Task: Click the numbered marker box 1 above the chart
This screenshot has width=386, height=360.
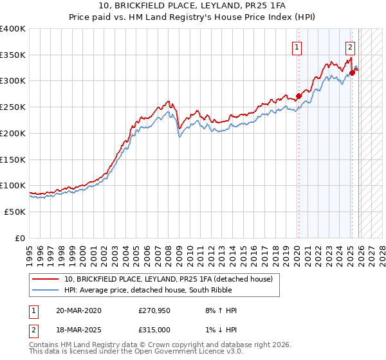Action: tap(297, 46)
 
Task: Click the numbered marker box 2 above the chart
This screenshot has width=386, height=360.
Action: tap(350, 46)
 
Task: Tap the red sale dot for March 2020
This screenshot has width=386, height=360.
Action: tap(298, 96)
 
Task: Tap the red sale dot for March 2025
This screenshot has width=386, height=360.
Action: tap(352, 73)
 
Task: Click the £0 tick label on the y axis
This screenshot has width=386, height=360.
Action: tap(19, 238)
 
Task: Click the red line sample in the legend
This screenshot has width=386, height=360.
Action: tap(46, 279)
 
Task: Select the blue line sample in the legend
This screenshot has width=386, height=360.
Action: tap(46, 290)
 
